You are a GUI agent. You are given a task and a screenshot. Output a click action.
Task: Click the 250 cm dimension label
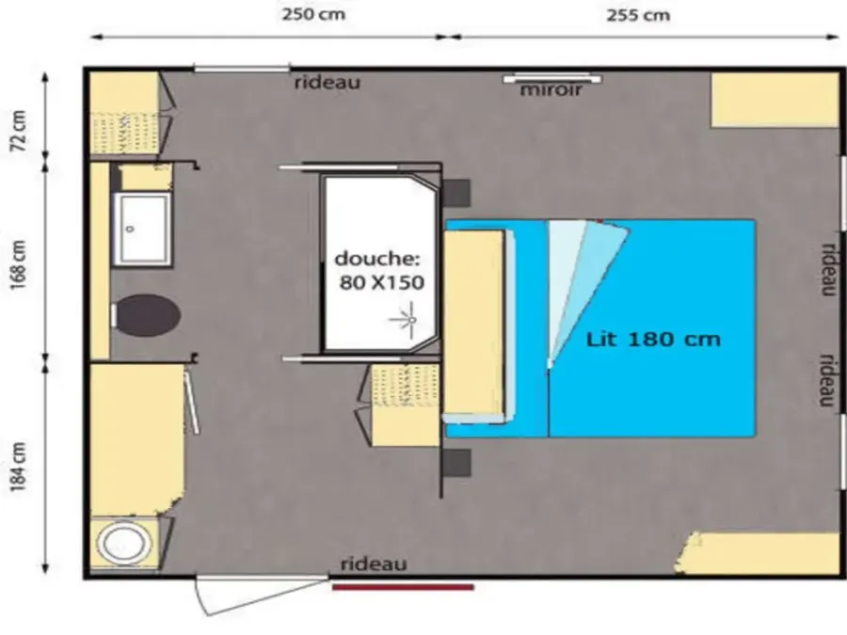pyautogui.click(x=313, y=14)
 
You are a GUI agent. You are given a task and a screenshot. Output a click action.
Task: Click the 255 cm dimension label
pyautogui.click(x=638, y=15)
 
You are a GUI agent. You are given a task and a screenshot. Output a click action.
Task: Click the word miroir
pyautogui.click(x=551, y=89)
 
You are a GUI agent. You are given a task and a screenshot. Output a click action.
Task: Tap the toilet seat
pyautogui.click(x=146, y=316)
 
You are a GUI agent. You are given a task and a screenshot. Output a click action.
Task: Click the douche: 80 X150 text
pyautogui.click(x=378, y=270)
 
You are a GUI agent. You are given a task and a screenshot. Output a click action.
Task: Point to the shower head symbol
pyautogui.click(x=408, y=320)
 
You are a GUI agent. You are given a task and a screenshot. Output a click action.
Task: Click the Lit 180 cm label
pyautogui.click(x=654, y=339)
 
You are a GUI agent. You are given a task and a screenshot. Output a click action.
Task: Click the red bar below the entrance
pyautogui.click(x=403, y=587)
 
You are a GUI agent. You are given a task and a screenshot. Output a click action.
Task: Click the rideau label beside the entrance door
pyautogui.click(x=374, y=564)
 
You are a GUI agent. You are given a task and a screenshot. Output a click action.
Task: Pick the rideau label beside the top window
pyautogui.click(x=327, y=83)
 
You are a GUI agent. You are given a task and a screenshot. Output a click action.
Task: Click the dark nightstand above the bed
pyautogui.click(x=456, y=193)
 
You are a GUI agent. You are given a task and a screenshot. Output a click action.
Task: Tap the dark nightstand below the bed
pyautogui.click(x=456, y=463)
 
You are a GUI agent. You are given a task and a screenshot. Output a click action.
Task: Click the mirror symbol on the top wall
pyautogui.click(x=552, y=79)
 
